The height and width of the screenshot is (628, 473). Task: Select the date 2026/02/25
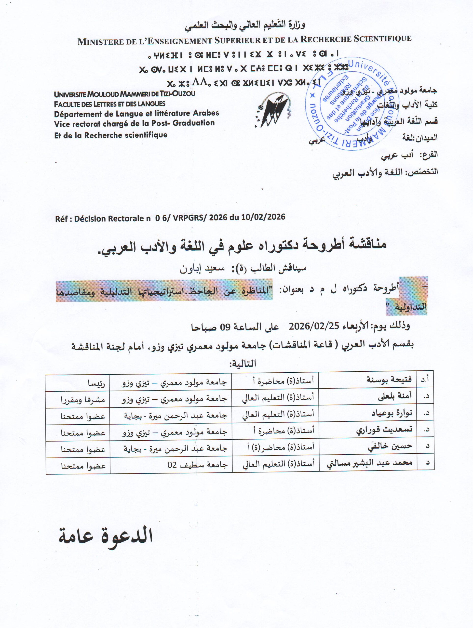tap(314, 326)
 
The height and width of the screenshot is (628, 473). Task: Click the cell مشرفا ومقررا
tap(83, 400)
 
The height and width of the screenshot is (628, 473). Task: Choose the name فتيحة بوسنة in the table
tap(389, 379)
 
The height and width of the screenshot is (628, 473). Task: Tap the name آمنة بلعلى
tap(395, 397)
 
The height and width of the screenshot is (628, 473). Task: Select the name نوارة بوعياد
tap(392, 413)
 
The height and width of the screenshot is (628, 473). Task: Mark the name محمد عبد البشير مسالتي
tap(369, 463)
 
